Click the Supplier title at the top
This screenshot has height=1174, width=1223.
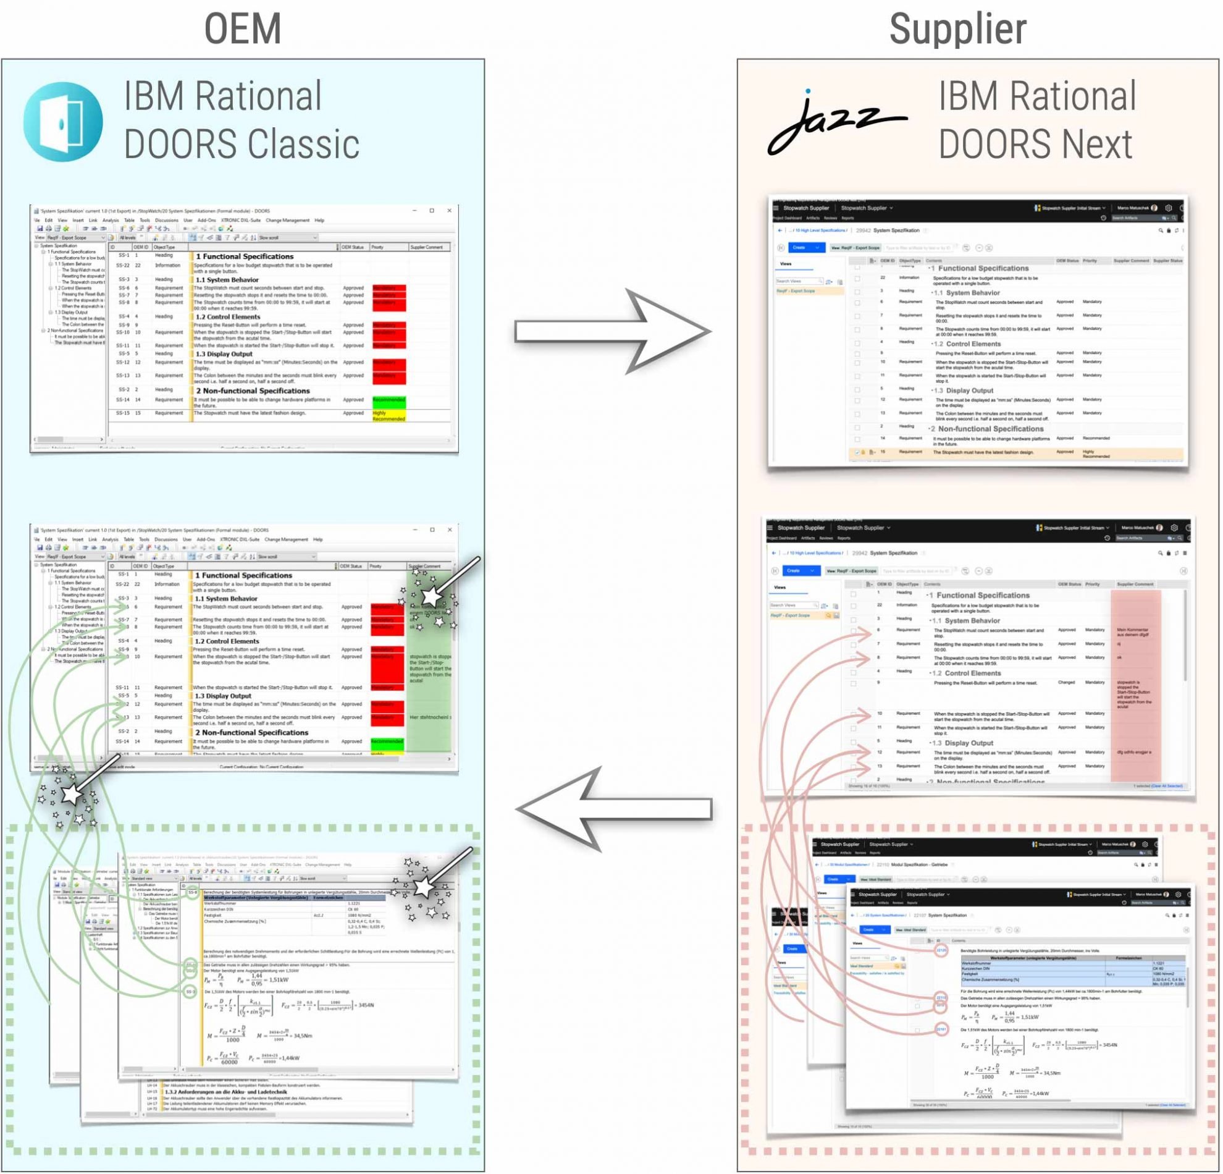tap(957, 29)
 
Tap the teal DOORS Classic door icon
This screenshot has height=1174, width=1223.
tap(63, 122)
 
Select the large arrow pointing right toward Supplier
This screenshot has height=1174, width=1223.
tap(611, 331)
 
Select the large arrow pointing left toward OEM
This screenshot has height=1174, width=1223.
tap(615, 809)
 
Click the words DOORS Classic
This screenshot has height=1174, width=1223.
tap(242, 144)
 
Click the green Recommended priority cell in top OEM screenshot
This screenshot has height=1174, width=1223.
tap(389, 403)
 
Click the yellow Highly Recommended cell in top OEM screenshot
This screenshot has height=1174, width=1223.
tap(389, 416)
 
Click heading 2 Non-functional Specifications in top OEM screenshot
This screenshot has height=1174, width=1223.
tap(253, 391)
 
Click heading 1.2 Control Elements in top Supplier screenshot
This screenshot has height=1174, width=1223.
tap(973, 344)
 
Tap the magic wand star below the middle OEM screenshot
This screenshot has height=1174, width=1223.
tap(71, 795)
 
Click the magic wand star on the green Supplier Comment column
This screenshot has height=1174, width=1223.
tap(431, 598)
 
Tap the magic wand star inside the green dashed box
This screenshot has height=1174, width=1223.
tap(424, 887)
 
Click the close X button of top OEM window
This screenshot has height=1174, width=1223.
tap(449, 211)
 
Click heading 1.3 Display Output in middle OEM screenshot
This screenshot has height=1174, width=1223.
tap(223, 696)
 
